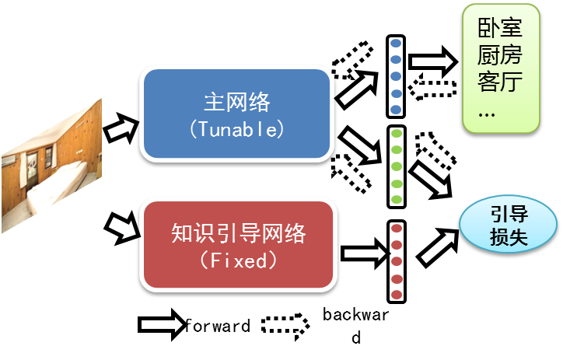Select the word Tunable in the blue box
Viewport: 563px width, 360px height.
pos(237,129)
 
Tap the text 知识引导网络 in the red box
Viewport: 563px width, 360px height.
pos(239,233)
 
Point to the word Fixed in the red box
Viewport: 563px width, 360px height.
pos(239,260)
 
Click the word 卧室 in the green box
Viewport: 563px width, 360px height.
pos(500,30)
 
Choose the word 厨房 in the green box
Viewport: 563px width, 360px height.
pos(500,56)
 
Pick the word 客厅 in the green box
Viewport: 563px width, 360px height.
pos(500,82)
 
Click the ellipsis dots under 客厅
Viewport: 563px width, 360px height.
pos(487,114)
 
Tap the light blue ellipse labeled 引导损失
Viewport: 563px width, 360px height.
pos(509,225)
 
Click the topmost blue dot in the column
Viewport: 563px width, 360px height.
pos(396,43)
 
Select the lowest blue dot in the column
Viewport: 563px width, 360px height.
pos(396,110)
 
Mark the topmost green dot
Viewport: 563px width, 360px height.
pos(396,133)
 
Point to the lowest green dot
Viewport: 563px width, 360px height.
pos(396,200)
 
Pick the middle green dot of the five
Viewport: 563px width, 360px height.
pos(396,166)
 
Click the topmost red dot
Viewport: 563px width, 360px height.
pos(396,228)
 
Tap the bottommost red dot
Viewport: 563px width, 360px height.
pos(396,295)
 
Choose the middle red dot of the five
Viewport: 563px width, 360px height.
pos(396,261)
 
